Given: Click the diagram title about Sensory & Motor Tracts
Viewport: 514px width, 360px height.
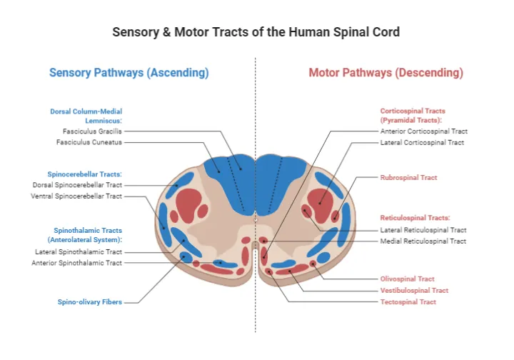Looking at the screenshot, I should click(256, 32).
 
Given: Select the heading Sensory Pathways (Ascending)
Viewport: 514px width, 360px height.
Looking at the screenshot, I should click(128, 73).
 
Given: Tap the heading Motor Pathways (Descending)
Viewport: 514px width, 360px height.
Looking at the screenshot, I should click(385, 73).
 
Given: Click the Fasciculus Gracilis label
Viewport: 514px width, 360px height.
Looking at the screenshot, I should click(92, 131).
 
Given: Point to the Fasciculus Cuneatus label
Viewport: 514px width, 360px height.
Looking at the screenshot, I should click(89, 142).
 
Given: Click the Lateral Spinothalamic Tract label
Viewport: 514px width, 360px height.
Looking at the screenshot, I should click(79, 251).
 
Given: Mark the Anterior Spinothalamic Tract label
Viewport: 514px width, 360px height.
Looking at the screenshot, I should click(76, 263).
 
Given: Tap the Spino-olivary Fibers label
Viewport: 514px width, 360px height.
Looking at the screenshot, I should click(90, 302).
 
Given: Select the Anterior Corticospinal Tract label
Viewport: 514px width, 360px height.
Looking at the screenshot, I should click(424, 131).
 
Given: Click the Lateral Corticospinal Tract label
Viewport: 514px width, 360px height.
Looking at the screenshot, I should click(422, 142).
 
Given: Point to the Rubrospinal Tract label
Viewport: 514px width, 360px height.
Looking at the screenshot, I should click(408, 177).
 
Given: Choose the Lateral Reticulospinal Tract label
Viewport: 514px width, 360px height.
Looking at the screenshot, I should click(423, 230).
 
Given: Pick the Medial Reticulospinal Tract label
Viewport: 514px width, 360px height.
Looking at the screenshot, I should click(423, 241).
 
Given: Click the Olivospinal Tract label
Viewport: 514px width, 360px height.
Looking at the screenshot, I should click(407, 279).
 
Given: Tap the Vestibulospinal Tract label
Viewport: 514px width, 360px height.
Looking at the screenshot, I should click(414, 291).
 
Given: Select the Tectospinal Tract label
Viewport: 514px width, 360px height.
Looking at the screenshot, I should click(408, 302).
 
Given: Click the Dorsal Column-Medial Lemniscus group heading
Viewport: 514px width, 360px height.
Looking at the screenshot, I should click(86, 116).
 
